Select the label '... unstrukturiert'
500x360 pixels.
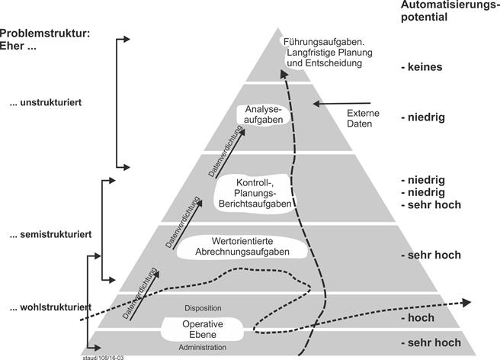[53, 103]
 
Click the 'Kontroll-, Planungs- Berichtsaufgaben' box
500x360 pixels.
[253, 193]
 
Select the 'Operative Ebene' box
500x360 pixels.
[202, 329]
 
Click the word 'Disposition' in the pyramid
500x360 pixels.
[203, 308]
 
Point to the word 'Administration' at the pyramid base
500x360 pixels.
[203, 348]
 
